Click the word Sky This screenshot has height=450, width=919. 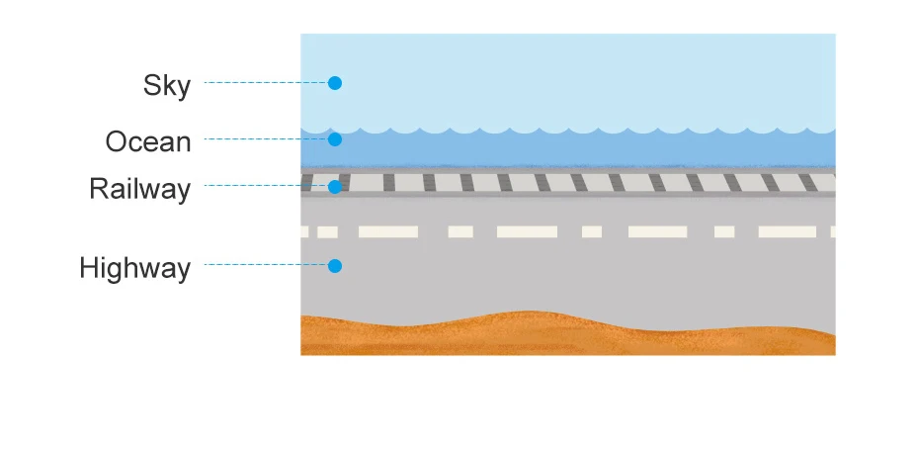[166, 85]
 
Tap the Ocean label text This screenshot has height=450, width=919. [148, 141]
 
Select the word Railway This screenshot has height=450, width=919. [139, 188]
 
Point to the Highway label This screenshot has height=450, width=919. [134, 268]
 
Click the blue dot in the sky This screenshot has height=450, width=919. [335, 83]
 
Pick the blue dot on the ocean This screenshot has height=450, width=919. [335, 139]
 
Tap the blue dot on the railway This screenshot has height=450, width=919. [335, 186]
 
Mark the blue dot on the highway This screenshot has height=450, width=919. [335, 266]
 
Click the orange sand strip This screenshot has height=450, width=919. [568, 336]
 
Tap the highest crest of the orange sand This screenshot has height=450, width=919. [529, 315]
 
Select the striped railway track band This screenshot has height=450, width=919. [593, 183]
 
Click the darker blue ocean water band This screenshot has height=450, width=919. [593, 150]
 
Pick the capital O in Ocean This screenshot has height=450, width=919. [117, 141]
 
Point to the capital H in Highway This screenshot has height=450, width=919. [89, 268]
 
